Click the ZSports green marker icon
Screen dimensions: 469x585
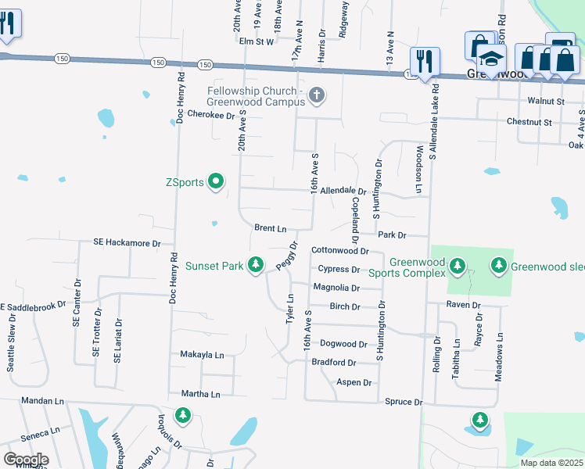[x=217, y=183]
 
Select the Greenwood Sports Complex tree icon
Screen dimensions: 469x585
[x=458, y=267]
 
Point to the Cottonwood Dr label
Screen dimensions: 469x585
[x=339, y=251]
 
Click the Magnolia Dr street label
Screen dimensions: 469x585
[x=336, y=288]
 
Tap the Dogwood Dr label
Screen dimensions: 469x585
[x=344, y=344]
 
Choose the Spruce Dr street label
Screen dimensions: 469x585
[x=404, y=402]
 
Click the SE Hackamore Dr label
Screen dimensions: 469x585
[x=127, y=243]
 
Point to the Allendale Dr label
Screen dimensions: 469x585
[x=343, y=191]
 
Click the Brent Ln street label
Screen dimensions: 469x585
[x=271, y=228]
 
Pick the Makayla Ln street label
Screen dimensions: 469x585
[x=202, y=355]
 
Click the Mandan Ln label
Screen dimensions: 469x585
[x=42, y=400]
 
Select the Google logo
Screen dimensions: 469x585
[x=26, y=460]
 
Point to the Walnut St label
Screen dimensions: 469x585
[x=546, y=102]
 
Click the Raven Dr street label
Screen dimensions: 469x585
[x=464, y=304]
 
